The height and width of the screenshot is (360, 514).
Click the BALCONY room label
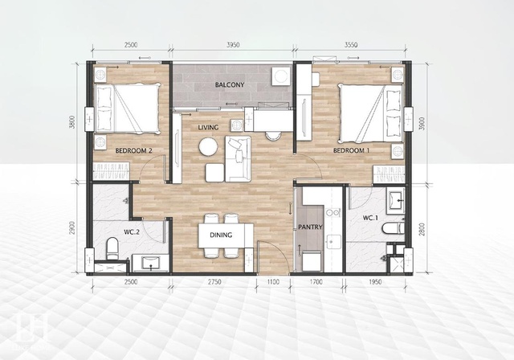pos(230,85)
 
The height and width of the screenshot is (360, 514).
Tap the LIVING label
pos(208,127)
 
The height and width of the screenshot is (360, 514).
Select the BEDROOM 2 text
pos(133,151)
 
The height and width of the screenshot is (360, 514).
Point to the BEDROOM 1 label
pos(352,150)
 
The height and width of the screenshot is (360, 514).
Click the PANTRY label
pos(310,227)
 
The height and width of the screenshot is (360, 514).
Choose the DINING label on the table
pos(221,235)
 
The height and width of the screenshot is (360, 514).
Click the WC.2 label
pos(132,232)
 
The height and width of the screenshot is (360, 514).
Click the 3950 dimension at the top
pos(233,45)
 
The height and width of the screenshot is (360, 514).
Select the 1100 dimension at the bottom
pos(273,282)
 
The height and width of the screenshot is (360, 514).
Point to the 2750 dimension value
pos(214,282)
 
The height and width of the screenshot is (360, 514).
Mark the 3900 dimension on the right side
pos(422,123)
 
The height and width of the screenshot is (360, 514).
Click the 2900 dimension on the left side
pos(72,228)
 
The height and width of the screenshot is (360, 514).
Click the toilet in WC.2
pos(112,248)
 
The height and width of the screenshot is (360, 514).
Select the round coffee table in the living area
pos(208,146)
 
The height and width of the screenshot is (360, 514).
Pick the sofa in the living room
pos(239,159)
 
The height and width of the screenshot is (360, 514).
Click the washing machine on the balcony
pos(281,76)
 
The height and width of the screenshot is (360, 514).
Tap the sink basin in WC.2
pos(151,263)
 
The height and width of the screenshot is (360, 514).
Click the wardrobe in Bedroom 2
pos(112,171)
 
